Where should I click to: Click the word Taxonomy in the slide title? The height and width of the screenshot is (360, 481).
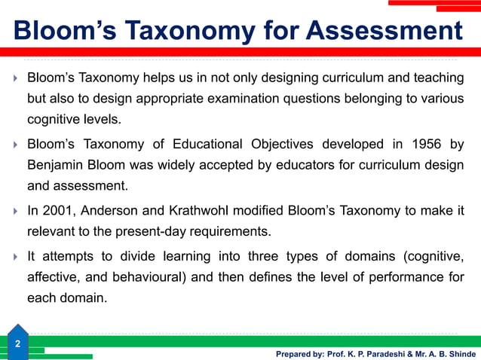click(x=178, y=31)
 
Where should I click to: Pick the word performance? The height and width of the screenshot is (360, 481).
click(x=394, y=276)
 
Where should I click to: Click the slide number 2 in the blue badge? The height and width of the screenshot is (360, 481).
click(x=17, y=344)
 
